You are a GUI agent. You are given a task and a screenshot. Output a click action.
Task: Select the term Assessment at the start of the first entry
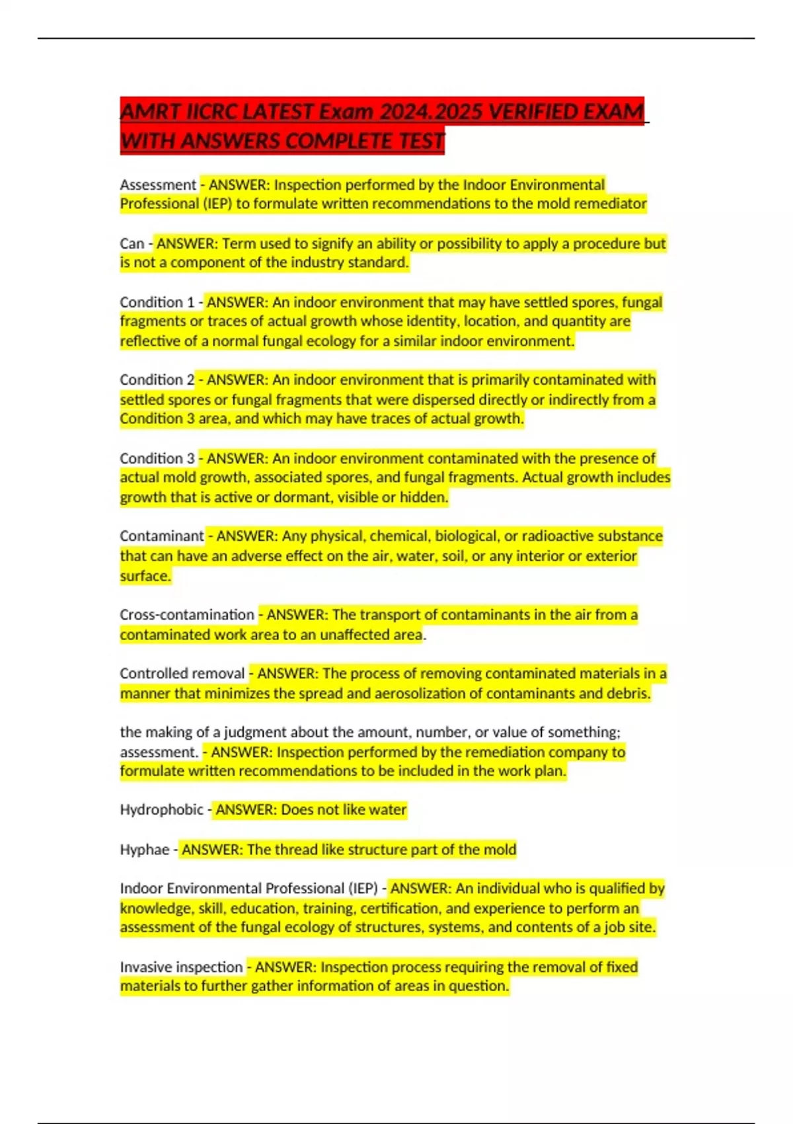click(158, 184)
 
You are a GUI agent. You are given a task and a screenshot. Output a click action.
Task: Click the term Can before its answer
click(132, 243)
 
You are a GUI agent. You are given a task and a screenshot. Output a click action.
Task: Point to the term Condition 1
click(157, 302)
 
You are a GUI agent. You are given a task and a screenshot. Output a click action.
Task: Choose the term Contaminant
click(162, 536)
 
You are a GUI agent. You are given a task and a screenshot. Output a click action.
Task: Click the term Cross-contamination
click(187, 614)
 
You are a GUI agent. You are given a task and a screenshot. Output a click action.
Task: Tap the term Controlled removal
click(182, 673)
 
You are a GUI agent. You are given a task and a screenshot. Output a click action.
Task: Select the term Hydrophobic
click(162, 809)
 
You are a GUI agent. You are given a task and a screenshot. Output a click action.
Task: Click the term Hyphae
click(145, 849)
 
